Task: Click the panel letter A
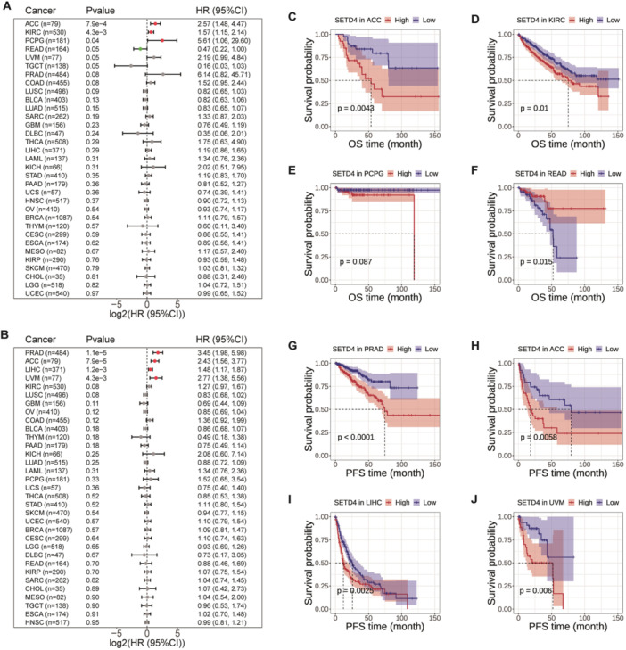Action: (6, 5)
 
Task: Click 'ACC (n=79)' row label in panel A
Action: (32, 23)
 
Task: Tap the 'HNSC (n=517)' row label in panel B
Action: (34, 616)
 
